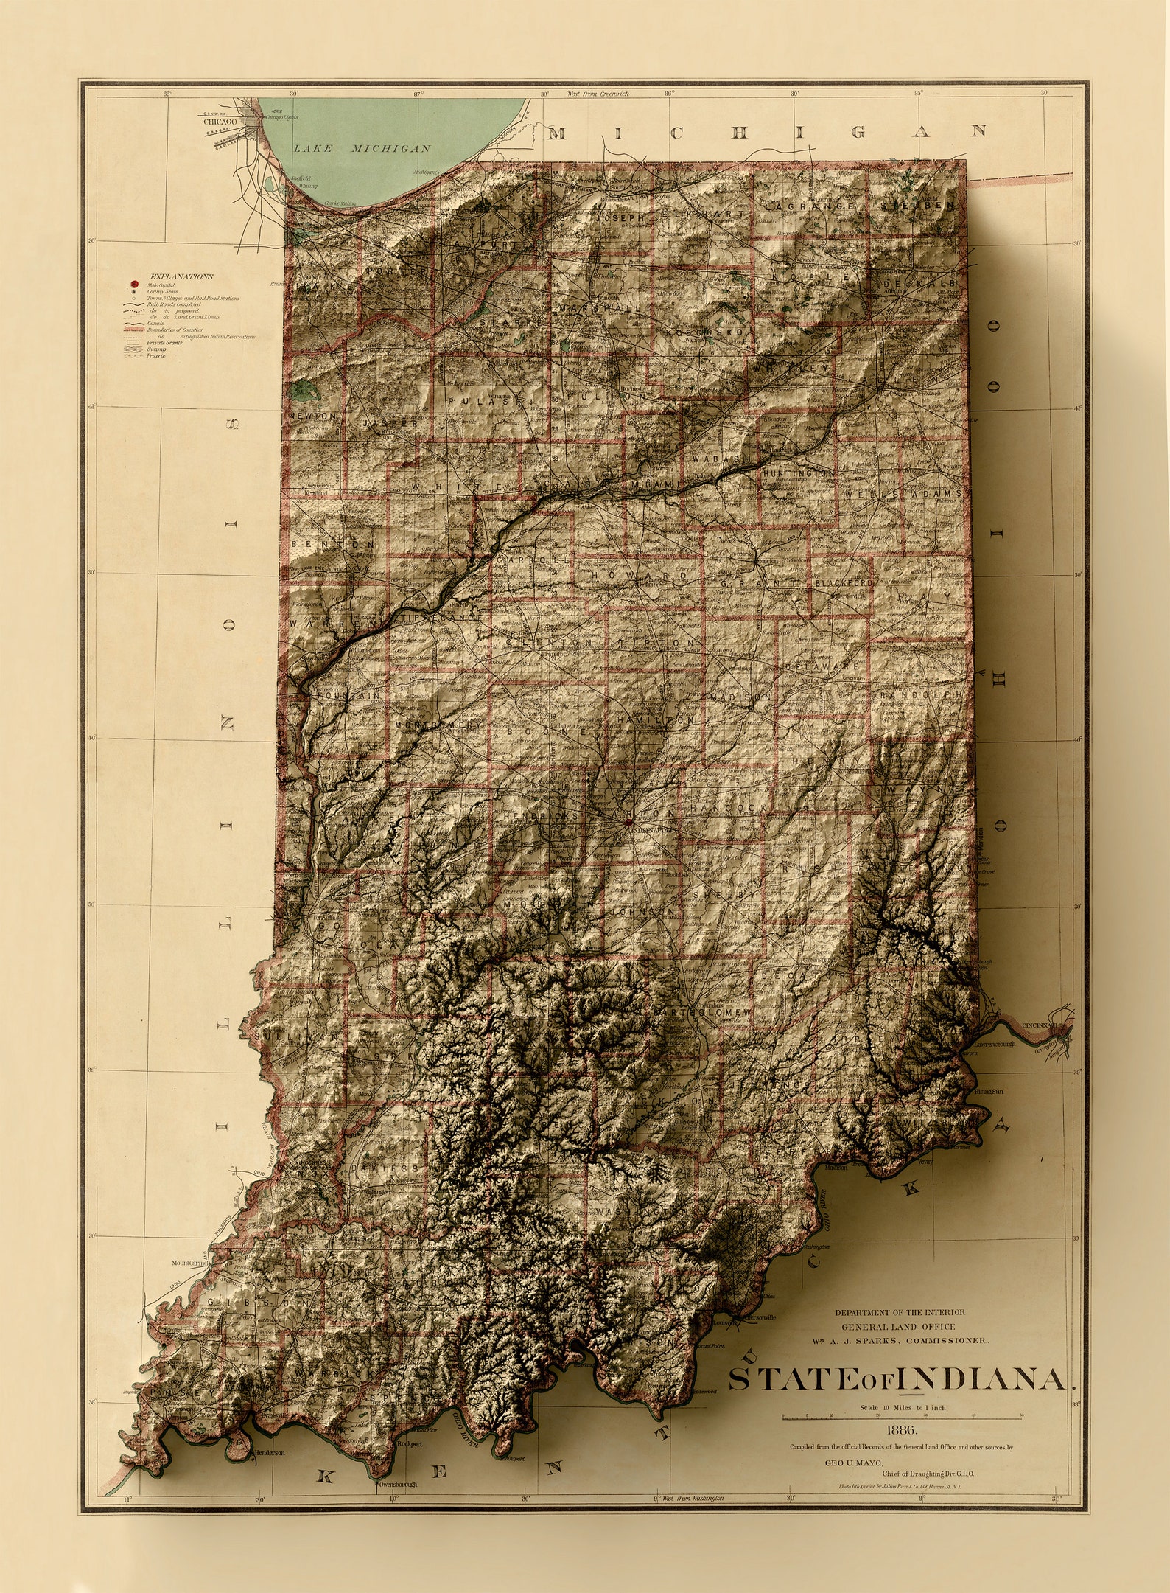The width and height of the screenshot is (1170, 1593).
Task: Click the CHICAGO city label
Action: tap(220, 122)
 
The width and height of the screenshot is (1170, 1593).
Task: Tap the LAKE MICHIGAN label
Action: tap(362, 148)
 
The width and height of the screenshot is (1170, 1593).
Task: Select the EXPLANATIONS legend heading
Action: tap(181, 276)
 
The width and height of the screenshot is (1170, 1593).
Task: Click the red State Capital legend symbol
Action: tap(135, 285)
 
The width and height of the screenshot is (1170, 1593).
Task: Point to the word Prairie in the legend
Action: tap(156, 355)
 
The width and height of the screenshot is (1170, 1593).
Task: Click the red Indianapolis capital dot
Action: tap(628, 821)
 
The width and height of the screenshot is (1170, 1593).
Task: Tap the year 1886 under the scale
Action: tap(903, 1430)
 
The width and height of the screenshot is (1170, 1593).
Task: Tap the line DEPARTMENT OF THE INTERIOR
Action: tap(899, 1312)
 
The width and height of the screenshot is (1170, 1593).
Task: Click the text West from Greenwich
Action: tap(598, 94)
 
